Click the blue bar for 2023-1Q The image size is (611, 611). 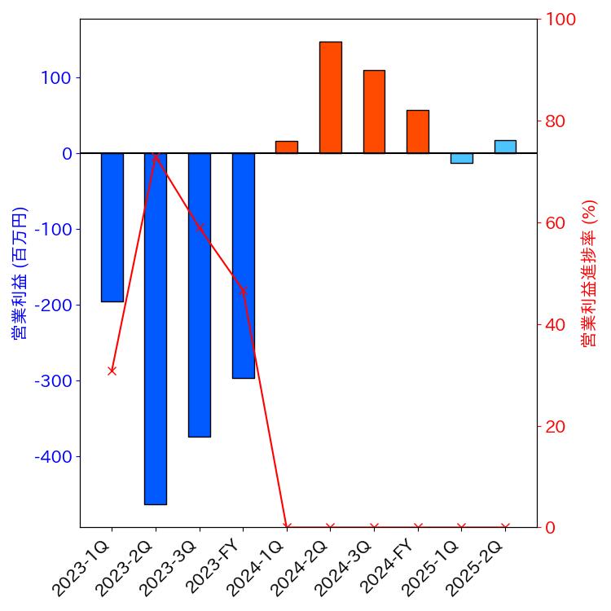click(x=112, y=227)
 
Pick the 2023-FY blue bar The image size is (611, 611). click(x=244, y=266)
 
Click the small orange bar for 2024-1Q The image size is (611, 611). click(x=287, y=147)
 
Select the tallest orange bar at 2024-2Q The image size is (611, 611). click(x=331, y=97)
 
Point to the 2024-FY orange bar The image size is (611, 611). click(x=418, y=132)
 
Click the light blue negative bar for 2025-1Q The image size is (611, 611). click(x=461, y=158)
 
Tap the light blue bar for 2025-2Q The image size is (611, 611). click(x=505, y=147)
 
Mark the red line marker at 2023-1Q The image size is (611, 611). click(x=112, y=371)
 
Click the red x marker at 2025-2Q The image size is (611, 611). click(x=505, y=527)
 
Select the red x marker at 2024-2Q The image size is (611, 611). click(x=331, y=527)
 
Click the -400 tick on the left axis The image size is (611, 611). click(x=53, y=457)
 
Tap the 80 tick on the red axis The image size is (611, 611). click(x=556, y=121)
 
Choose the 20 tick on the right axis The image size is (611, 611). click(x=556, y=426)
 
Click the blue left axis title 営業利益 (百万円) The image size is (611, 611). click(x=20, y=273)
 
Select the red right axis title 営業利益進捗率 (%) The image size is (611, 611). click(x=589, y=273)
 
